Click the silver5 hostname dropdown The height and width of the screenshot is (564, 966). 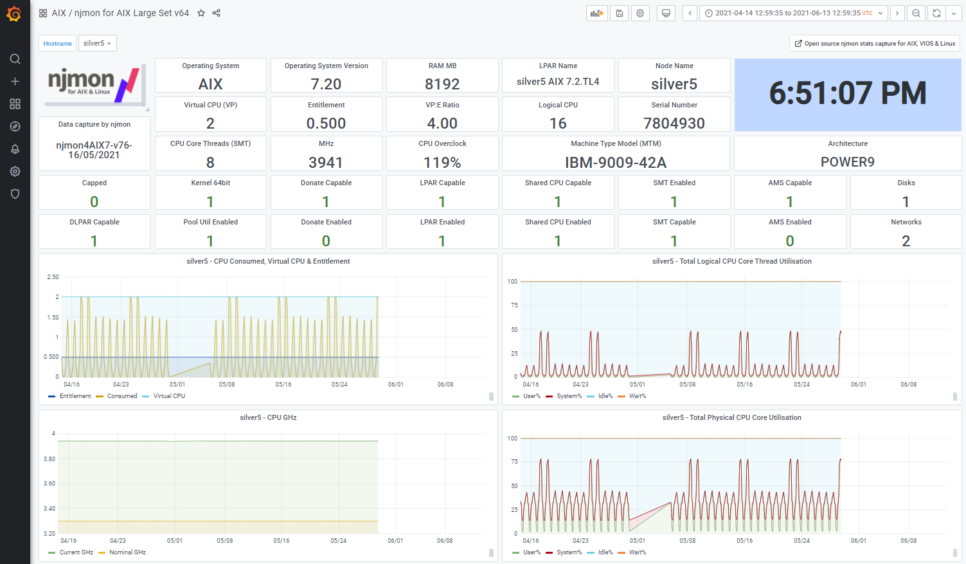(x=98, y=43)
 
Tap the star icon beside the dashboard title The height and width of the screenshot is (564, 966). (x=201, y=13)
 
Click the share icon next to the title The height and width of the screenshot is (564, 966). (x=217, y=13)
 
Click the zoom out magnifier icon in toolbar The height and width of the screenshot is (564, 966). (x=916, y=14)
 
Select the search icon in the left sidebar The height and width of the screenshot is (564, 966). (x=15, y=59)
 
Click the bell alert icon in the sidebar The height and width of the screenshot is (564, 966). (x=15, y=149)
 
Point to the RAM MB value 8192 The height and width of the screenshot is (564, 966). (x=442, y=84)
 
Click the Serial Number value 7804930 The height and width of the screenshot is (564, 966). (x=674, y=123)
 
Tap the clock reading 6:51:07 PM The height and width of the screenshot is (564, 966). (x=848, y=93)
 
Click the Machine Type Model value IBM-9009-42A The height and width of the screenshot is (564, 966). (x=616, y=163)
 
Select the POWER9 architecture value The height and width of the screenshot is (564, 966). (x=847, y=162)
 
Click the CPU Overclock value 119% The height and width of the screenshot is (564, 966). (x=442, y=163)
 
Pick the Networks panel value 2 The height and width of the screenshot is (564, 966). (x=906, y=241)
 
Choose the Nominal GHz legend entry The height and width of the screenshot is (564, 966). (x=123, y=552)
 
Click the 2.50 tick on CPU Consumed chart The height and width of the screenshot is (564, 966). (x=53, y=277)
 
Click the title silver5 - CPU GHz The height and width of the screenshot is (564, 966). (x=268, y=417)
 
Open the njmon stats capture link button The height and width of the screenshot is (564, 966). (x=875, y=43)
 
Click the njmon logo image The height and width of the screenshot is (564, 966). (x=94, y=85)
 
